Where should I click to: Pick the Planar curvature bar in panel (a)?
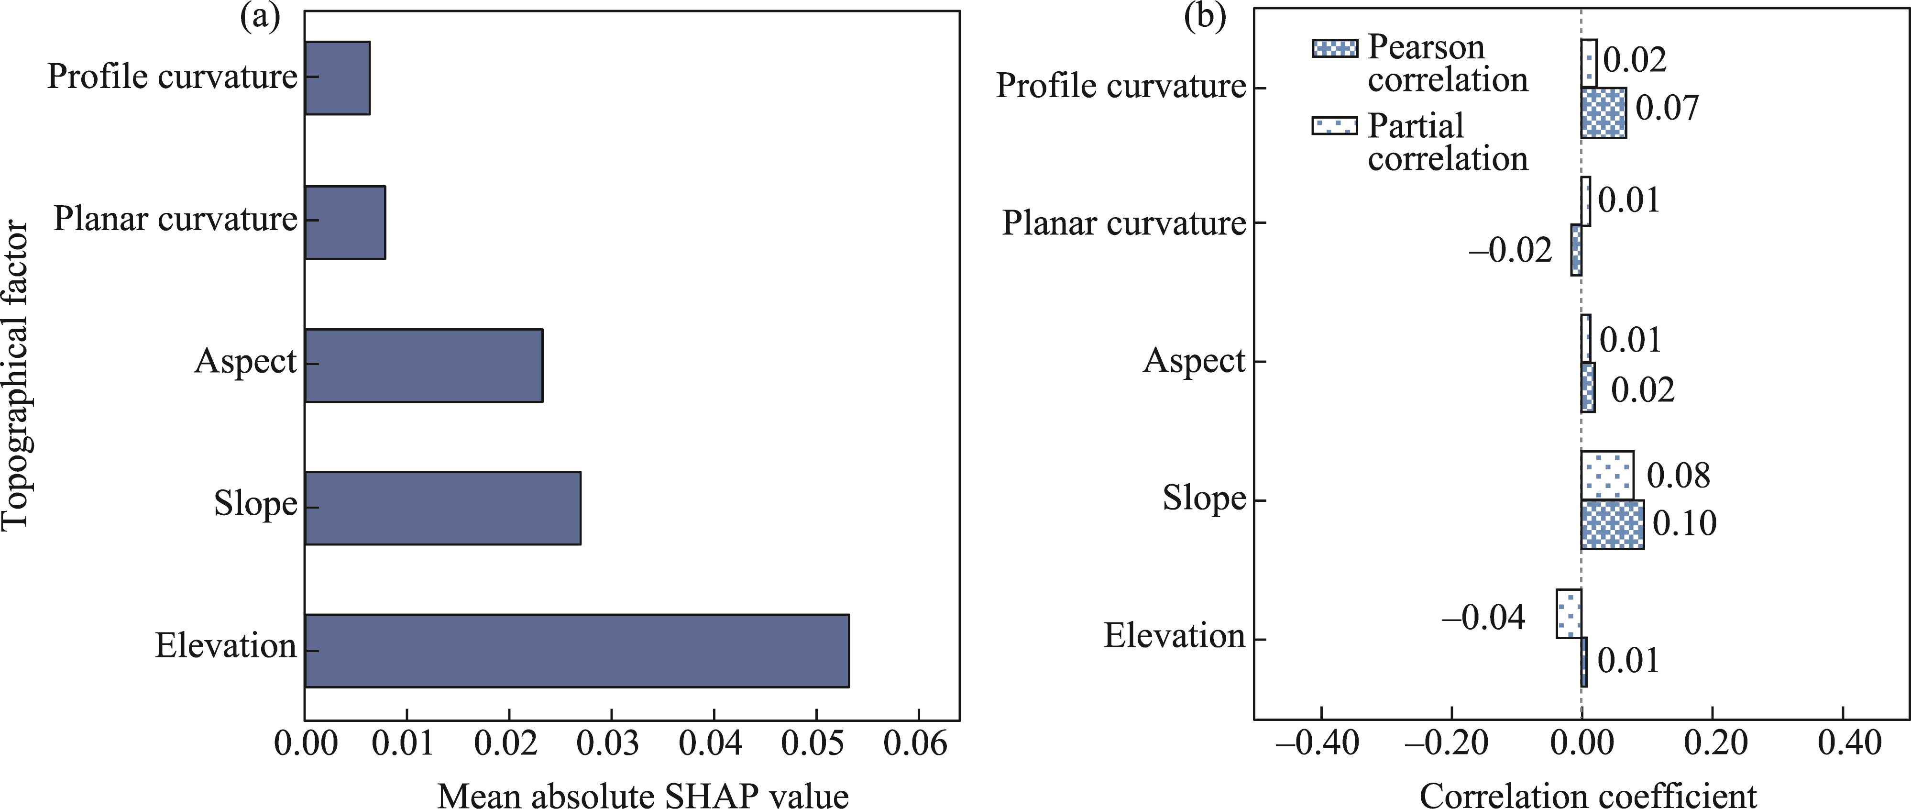coord(345,222)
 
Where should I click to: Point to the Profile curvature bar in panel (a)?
coord(338,78)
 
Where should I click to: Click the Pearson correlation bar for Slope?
coord(1612,525)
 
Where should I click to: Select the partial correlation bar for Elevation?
coord(1569,614)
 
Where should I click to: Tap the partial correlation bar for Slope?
coord(1607,475)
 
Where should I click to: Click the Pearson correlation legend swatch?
coord(1335,48)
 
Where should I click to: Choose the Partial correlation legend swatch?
coord(1335,125)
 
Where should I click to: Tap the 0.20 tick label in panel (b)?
coord(1712,743)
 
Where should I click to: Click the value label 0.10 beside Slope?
coord(1684,524)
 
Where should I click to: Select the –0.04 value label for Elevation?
coord(1483,618)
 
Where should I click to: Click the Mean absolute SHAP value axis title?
coord(642,796)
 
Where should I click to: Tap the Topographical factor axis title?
coord(15,375)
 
